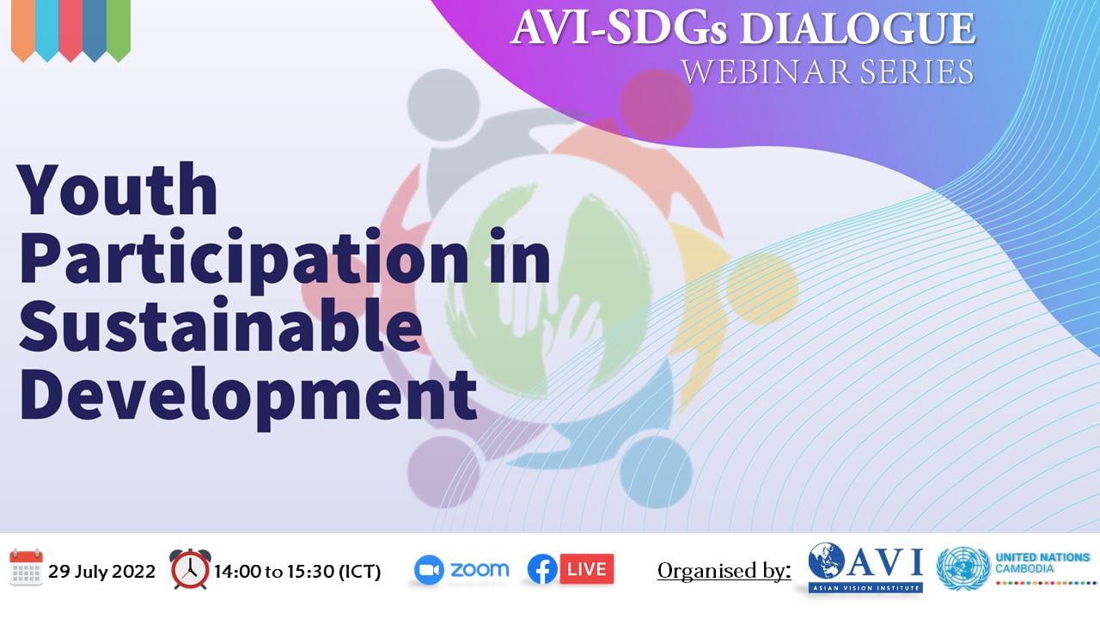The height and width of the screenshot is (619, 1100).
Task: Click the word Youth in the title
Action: pyautogui.click(x=118, y=191)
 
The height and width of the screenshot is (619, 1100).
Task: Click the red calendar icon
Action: pyautogui.click(x=26, y=567)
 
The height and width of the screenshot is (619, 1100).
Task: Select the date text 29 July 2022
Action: pyautogui.click(x=101, y=572)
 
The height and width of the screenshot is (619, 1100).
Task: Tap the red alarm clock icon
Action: pyautogui.click(x=190, y=569)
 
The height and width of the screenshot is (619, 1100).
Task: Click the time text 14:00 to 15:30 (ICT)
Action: pyautogui.click(x=297, y=572)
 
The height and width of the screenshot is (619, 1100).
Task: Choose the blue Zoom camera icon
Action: pyautogui.click(x=429, y=570)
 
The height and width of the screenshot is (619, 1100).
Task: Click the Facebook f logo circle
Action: pyautogui.click(x=542, y=569)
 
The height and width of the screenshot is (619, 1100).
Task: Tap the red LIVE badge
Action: pyautogui.click(x=587, y=569)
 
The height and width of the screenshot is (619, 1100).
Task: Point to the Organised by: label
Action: pyautogui.click(x=724, y=571)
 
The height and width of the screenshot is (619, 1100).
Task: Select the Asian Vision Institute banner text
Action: pyautogui.click(x=865, y=587)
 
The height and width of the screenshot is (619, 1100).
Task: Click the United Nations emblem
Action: pyautogui.click(x=962, y=568)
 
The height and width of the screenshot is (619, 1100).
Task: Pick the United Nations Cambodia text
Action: pyautogui.click(x=1042, y=563)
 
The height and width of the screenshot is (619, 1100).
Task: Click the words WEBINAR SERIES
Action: pyautogui.click(x=828, y=71)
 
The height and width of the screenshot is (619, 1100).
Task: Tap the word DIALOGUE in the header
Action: pyautogui.click(x=858, y=28)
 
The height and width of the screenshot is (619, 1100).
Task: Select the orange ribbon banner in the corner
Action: pyautogui.click(x=23, y=29)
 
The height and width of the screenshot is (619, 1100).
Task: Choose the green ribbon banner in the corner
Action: pyautogui.click(x=119, y=29)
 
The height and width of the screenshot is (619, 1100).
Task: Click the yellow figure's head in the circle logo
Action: pyautogui.click(x=762, y=288)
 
